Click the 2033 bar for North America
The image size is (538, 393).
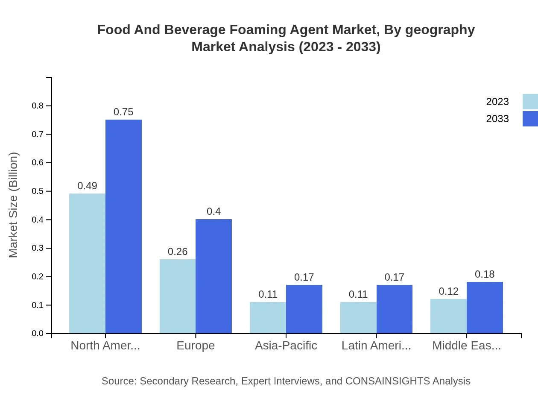click(123, 226)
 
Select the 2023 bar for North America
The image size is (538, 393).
click(87, 263)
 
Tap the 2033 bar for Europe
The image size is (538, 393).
click(213, 276)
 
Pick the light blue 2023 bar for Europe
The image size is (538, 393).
click(178, 296)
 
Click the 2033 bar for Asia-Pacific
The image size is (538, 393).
click(304, 309)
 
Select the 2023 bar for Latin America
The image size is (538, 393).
click(358, 317)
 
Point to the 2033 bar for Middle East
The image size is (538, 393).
click(485, 308)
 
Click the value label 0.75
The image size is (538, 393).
click(123, 112)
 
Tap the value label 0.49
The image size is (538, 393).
click(87, 186)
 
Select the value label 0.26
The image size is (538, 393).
click(178, 252)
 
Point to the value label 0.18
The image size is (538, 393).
click(485, 274)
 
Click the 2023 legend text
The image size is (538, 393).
click(497, 102)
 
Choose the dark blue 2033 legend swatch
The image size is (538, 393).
click(530, 119)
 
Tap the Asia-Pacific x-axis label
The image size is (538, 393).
click(286, 345)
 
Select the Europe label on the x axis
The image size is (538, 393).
click(196, 345)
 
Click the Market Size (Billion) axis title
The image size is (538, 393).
click(14, 205)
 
